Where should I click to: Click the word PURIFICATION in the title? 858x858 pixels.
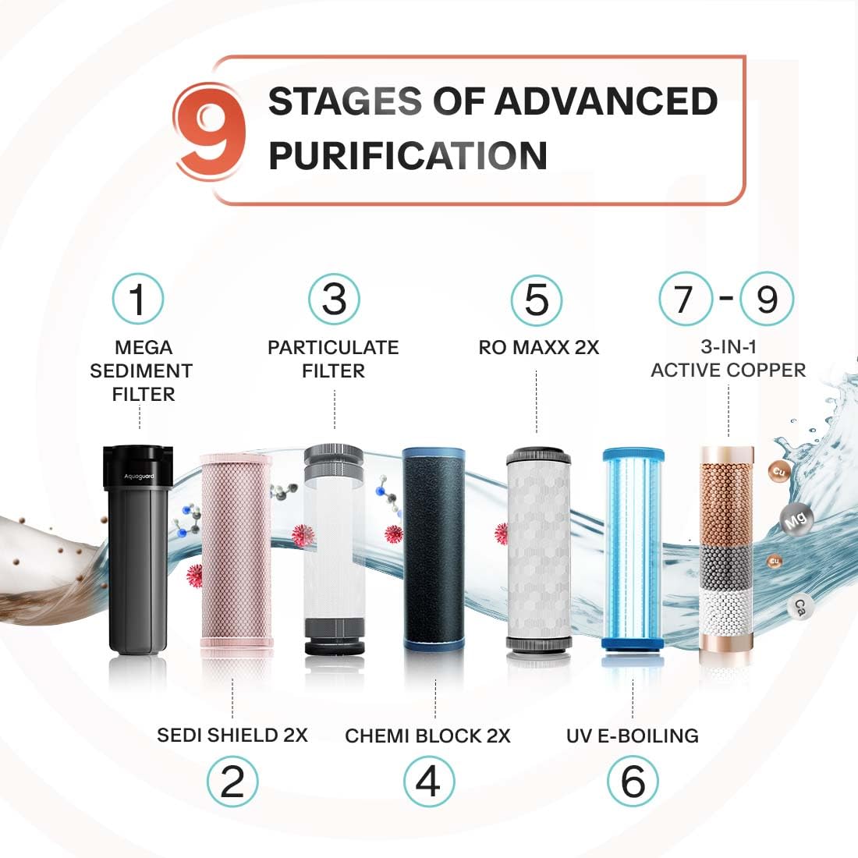(407, 155)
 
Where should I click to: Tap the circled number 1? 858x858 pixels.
(138, 299)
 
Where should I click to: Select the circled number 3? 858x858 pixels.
(334, 299)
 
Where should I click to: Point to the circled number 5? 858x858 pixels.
(537, 299)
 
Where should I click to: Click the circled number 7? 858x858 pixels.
(685, 298)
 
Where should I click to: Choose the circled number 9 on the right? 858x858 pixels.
(767, 298)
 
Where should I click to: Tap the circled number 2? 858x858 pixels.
(232, 782)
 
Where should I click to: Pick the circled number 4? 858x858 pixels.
(428, 782)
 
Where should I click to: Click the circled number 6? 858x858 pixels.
(633, 782)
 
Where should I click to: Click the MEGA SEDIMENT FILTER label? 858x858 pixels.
(141, 370)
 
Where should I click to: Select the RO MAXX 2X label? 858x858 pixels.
(538, 348)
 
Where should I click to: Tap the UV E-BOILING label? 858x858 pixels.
(633, 736)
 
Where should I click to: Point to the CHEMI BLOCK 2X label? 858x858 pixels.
(427, 736)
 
